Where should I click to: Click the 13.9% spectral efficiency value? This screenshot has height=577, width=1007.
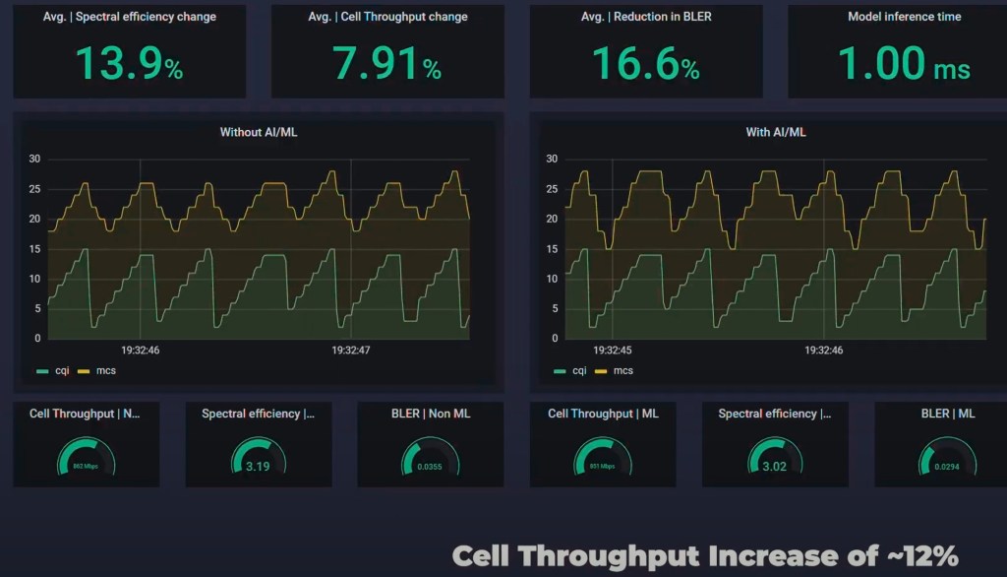(129, 64)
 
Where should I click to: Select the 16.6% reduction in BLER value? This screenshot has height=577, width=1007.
(645, 64)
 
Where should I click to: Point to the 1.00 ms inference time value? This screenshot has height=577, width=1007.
(904, 64)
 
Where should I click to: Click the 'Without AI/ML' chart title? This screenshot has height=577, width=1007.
(258, 132)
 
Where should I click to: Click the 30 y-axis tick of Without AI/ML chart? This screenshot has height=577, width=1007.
(34, 159)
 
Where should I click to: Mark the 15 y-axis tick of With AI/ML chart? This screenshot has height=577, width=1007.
(552, 249)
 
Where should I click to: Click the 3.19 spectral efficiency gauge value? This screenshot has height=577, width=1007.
(258, 467)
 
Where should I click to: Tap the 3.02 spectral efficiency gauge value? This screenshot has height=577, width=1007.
(775, 467)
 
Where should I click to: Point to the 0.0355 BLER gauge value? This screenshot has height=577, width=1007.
(431, 467)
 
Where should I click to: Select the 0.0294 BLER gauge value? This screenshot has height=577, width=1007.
(947, 467)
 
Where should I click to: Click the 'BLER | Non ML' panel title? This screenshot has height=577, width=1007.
(431, 414)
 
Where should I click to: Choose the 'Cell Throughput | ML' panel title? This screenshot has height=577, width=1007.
(603, 414)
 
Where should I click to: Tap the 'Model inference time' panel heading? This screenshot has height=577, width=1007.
(904, 17)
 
